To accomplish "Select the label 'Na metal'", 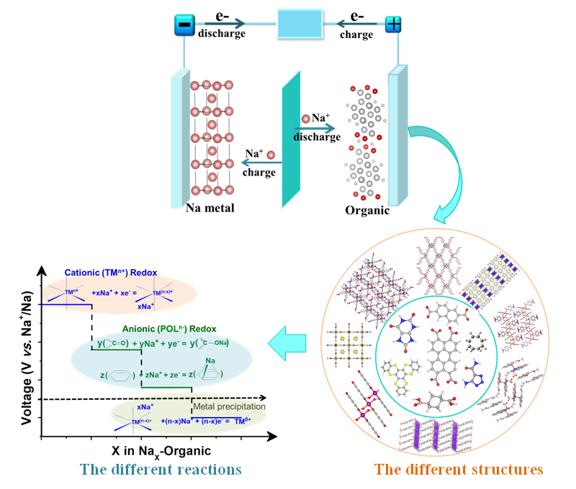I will [210, 209].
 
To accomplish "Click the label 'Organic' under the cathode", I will [366, 211].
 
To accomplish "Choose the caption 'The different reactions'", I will [161, 470].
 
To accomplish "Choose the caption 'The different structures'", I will [459, 470].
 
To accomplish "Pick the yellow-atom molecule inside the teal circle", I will [400, 373].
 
